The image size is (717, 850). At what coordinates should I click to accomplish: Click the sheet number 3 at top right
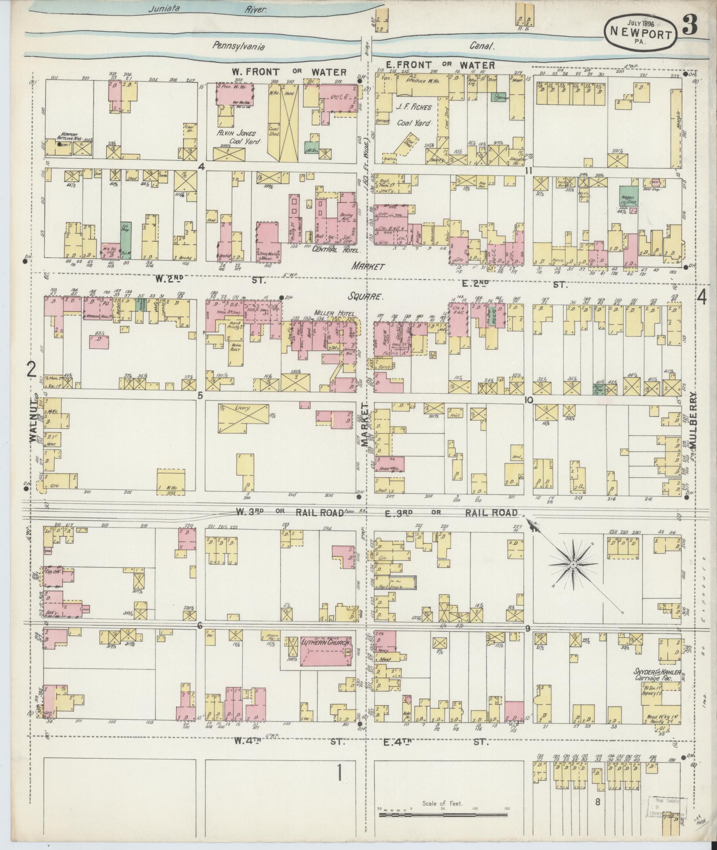(689, 27)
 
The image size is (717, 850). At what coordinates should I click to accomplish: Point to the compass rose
(573, 564)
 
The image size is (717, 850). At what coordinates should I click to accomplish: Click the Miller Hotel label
(330, 314)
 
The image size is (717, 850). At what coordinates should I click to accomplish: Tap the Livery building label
(244, 407)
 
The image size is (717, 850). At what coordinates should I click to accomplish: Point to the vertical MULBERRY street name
(693, 420)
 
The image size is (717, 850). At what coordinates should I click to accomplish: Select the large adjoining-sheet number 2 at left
(32, 368)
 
